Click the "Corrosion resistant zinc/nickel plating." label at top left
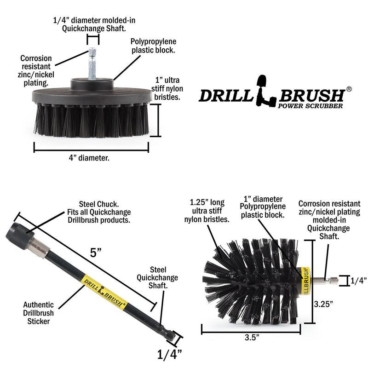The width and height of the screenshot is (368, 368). [x=36, y=70]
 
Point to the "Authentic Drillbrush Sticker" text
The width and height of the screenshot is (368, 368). [x=39, y=313]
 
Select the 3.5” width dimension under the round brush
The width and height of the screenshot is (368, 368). [x=251, y=337]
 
